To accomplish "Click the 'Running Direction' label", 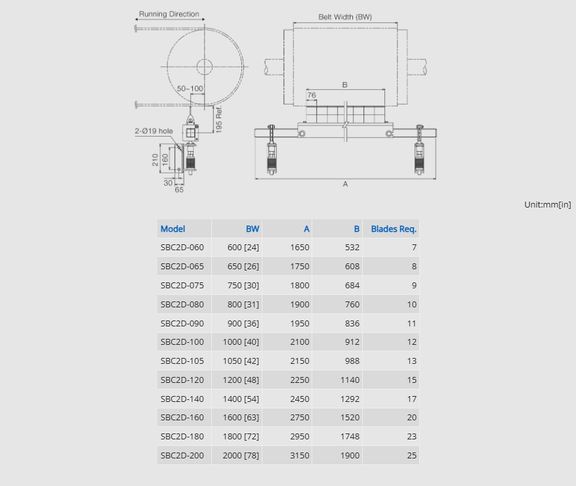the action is click(x=169, y=14).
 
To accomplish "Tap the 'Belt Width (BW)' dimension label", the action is click(x=345, y=17).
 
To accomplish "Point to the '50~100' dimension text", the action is click(x=190, y=89).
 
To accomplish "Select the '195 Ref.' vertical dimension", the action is click(x=219, y=119).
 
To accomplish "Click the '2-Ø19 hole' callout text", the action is click(x=154, y=131).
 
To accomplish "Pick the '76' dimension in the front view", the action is click(x=312, y=95).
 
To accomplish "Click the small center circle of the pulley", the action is click(x=205, y=67).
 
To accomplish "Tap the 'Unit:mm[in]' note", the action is click(x=548, y=205).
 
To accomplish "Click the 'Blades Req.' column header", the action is click(x=394, y=229).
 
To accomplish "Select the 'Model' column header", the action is click(x=173, y=229).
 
